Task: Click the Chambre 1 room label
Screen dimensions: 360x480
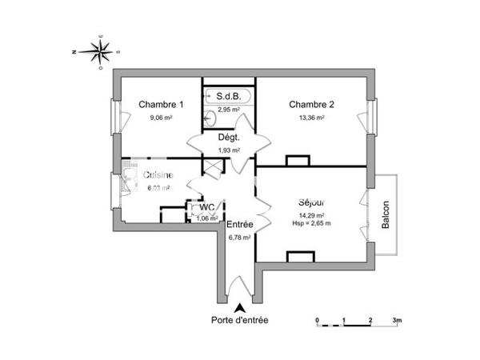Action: [x=161, y=104]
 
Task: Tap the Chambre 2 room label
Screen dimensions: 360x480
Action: [x=311, y=104]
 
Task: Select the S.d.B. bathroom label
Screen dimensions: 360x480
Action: [x=230, y=97]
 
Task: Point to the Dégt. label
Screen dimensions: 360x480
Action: [x=230, y=138]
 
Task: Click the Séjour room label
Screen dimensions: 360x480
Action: [x=310, y=203]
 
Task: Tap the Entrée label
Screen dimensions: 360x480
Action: [x=240, y=225]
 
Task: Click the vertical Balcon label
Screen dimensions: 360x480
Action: [x=386, y=214]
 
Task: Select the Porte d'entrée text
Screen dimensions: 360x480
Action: [x=240, y=320]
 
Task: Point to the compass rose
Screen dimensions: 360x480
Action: [x=100, y=53]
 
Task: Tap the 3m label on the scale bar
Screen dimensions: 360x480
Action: [x=396, y=320]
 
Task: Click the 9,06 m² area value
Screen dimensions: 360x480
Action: [x=161, y=117]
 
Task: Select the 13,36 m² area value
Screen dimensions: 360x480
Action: [x=311, y=117]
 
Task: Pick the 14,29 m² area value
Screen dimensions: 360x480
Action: [x=310, y=215]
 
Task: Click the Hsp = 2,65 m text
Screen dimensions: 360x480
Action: [x=310, y=223]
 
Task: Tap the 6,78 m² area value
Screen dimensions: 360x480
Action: [x=240, y=237]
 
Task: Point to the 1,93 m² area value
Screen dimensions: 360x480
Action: [x=230, y=150]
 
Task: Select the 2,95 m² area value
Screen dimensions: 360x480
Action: [x=230, y=109]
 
